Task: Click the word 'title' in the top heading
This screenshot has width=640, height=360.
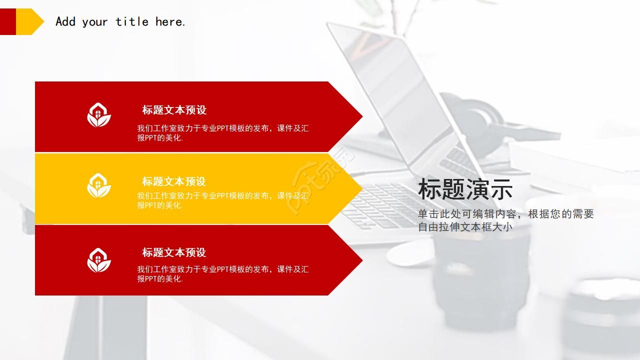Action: pyautogui.click(x=132, y=21)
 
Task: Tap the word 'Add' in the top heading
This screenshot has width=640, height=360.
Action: pyautogui.click(x=65, y=21)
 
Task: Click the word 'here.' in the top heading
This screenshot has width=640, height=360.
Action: pyautogui.click(x=170, y=21)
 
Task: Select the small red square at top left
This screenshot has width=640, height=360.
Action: pyautogui.click(x=7, y=21)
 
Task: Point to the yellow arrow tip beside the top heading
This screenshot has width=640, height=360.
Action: pyautogui.click(x=43, y=21)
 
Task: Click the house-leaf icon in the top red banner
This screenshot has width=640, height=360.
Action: pyautogui.click(x=99, y=115)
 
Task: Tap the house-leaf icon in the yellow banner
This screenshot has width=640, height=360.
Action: pyautogui.click(x=99, y=185)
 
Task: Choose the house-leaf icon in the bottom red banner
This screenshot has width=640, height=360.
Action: pyautogui.click(x=99, y=260)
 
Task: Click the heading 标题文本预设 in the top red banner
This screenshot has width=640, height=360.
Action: pyautogui.click(x=174, y=110)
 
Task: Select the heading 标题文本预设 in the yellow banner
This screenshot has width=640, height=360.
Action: pyautogui.click(x=174, y=181)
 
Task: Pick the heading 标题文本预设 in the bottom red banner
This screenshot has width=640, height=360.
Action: pyautogui.click(x=174, y=252)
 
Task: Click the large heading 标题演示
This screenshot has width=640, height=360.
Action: pyautogui.click(x=465, y=189)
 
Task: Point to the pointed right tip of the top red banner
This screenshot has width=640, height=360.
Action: pyautogui.click(x=362, y=116)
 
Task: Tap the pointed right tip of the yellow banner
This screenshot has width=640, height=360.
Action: pyautogui.click(x=362, y=188)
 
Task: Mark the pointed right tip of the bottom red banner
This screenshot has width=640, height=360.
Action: pyautogui.click(x=362, y=260)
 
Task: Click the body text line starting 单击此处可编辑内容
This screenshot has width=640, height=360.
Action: pyautogui.click(x=506, y=214)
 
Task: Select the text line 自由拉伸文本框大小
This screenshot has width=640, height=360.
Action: pyautogui.click(x=465, y=227)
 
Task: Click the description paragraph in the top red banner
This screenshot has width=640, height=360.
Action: pyautogui.click(x=223, y=133)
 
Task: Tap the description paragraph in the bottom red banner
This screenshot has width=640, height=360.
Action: pyautogui.click(x=223, y=273)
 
